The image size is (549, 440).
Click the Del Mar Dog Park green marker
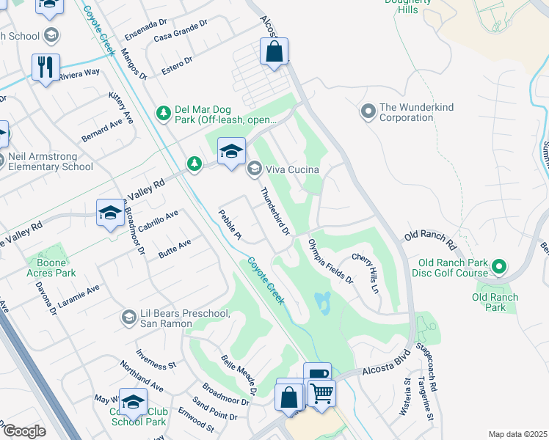click(164, 112)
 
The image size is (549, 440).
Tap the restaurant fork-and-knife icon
click(46, 67)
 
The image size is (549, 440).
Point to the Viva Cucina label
click(292, 169)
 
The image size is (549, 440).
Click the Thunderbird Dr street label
click(276, 213)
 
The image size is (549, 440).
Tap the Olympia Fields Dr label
click(330, 261)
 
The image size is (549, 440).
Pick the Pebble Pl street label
click(230, 225)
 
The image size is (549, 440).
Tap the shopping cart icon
click(321, 393)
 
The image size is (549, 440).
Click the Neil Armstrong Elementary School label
click(51, 161)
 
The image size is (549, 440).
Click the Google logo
click(24, 431)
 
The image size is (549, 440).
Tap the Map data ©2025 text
click(517, 434)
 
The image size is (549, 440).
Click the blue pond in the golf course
click(323, 301)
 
